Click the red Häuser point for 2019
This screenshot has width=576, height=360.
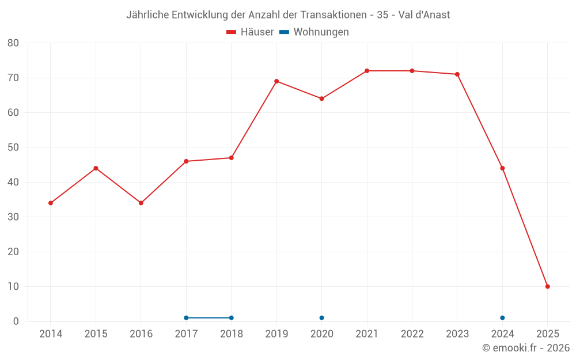click(276, 81)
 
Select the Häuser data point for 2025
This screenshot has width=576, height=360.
click(547, 286)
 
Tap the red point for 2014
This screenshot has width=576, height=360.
click(51, 203)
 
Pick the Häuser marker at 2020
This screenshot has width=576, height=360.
click(321, 98)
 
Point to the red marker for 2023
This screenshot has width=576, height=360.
click(457, 74)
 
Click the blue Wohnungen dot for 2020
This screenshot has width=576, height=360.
click(321, 318)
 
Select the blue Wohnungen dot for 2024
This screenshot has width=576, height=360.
click(502, 318)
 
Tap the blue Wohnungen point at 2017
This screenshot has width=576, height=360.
click(186, 318)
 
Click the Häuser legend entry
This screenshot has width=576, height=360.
click(250, 32)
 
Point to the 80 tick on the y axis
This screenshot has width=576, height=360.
click(13, 43)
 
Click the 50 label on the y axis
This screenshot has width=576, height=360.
click(13, 147)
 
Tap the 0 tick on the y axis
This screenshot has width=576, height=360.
click(16, 321)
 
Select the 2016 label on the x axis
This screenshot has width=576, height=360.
click(141, 334)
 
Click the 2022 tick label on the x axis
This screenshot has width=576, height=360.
click(412, 334)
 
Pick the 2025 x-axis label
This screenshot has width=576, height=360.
click(547, 334)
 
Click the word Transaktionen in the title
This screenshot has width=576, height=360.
click(335, 14)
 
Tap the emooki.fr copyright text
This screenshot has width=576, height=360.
click(526, 348)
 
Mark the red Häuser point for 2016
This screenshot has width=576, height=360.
click(141, 203)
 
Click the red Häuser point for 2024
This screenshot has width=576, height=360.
click(502, 168)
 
